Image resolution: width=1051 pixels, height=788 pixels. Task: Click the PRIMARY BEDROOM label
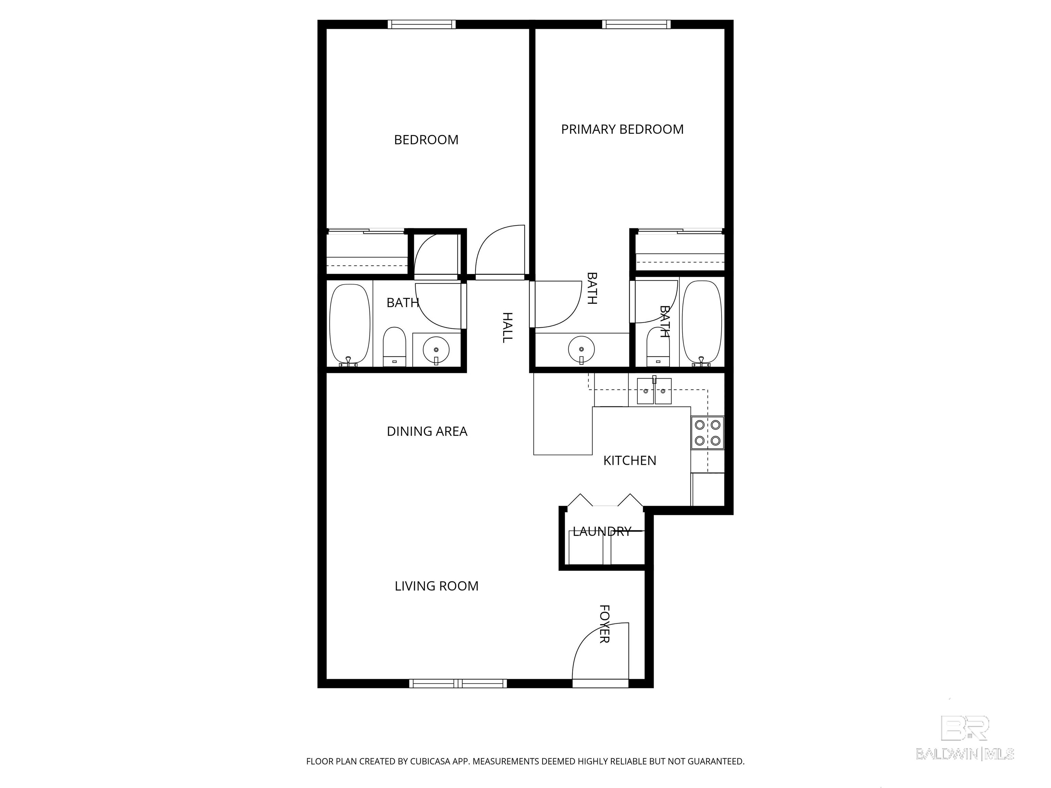pos(622,129)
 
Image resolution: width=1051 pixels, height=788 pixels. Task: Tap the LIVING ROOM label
pos(436,586)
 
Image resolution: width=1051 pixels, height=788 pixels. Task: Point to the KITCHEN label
pos(630,460)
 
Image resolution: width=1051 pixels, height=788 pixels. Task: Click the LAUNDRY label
pos(602,531)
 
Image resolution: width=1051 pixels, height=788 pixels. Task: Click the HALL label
pos(507,327)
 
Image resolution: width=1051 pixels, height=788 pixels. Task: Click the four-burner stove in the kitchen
pos(708,433)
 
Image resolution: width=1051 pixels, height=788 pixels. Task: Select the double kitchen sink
pos(654,391)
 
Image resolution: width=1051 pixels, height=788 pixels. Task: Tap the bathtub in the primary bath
pos(702,324)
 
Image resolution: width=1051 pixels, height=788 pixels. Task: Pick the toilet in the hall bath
pos(394,347)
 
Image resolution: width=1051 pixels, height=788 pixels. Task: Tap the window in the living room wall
pos(458,683)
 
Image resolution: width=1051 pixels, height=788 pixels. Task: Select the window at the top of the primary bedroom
pos(637,24)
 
